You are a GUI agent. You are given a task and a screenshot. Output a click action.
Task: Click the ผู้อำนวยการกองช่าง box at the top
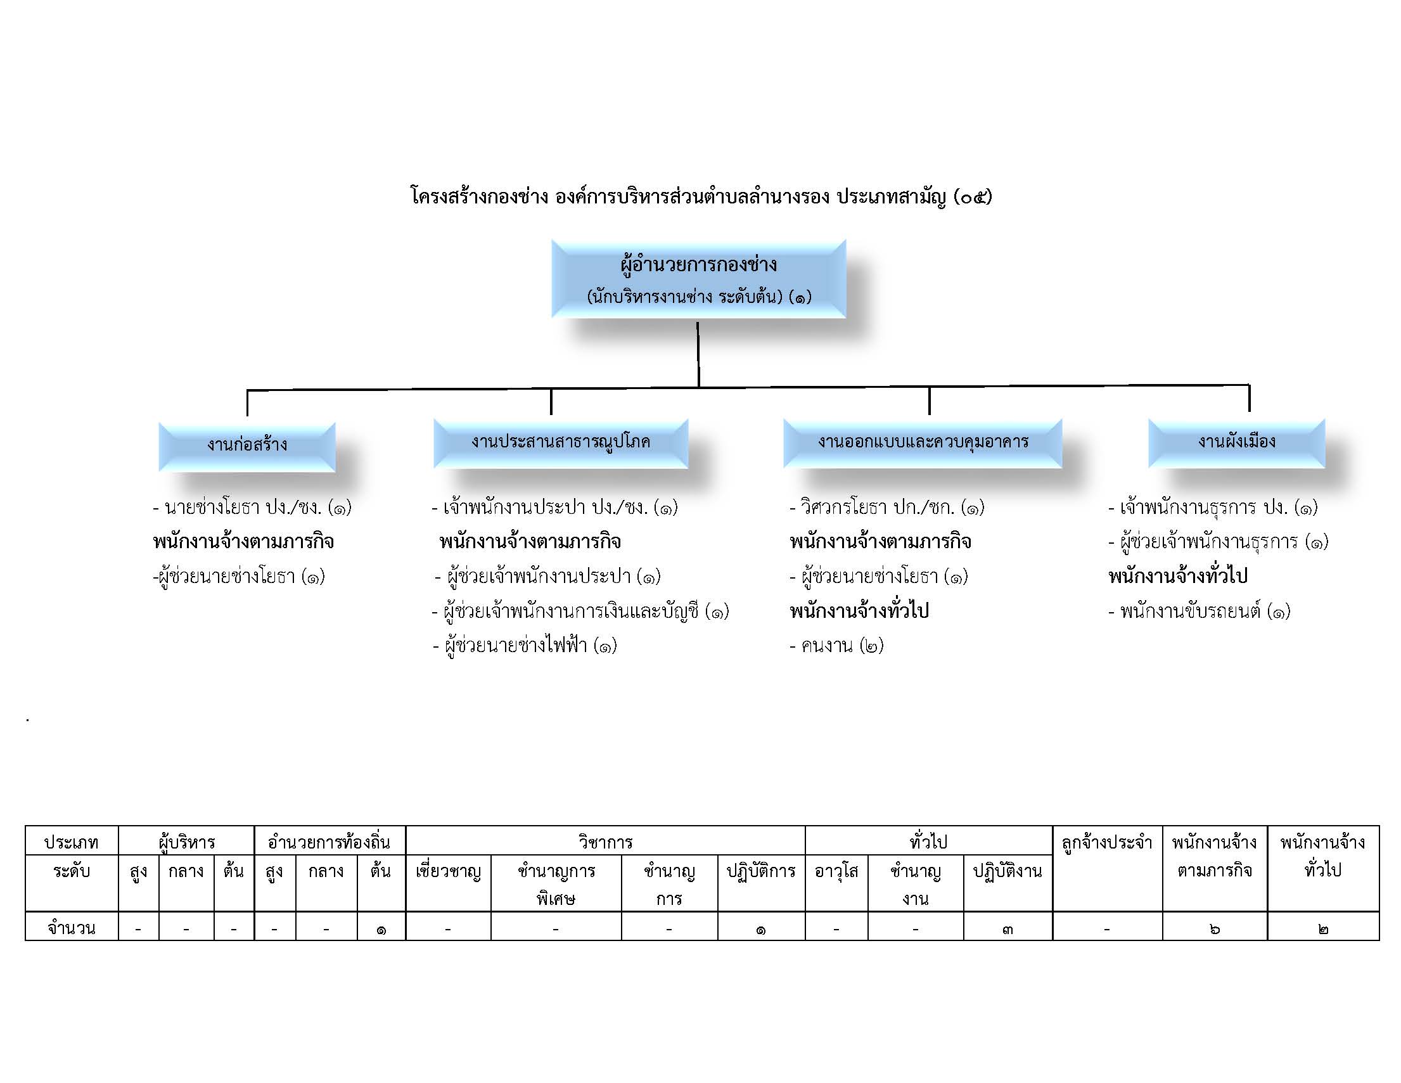click(698, 279)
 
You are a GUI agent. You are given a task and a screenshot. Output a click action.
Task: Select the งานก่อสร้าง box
click(247, 447)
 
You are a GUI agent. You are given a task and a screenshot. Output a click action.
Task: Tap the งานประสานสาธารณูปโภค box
click(561, 444)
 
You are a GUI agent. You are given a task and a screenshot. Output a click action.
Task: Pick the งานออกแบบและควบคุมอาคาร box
click(923, 444)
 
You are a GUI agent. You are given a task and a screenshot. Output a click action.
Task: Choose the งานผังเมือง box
click(1237, 444)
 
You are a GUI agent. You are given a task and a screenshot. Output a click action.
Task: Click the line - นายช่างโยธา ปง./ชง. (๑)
click(252, 508)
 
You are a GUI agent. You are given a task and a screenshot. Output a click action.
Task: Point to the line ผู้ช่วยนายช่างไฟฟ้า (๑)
click(525, 646)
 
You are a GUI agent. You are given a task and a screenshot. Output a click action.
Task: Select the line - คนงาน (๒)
click(836, 646)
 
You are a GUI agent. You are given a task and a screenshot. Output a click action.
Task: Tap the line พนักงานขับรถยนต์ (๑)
click(1199, 611)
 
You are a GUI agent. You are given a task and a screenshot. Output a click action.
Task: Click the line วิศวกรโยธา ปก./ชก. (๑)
click(886, 508)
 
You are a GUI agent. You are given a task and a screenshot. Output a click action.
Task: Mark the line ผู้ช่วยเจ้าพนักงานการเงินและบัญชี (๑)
click(580, 611)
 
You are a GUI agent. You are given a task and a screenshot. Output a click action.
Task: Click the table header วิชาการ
click(605, 842)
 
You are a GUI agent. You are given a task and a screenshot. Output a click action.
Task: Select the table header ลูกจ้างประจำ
click(1107, 842)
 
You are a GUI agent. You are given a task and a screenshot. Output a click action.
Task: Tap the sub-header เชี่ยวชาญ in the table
click(449, 871)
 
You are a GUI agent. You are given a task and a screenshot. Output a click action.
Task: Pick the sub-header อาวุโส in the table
click(836, 871)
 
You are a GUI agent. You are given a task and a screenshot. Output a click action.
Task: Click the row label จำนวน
click(72, 928)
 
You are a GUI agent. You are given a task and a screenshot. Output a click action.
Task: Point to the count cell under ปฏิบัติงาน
click(1008, 928)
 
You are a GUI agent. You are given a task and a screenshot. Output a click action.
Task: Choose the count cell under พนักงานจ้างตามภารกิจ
click(1215, 928)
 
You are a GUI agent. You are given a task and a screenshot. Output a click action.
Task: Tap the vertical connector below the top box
click(698, 354)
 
